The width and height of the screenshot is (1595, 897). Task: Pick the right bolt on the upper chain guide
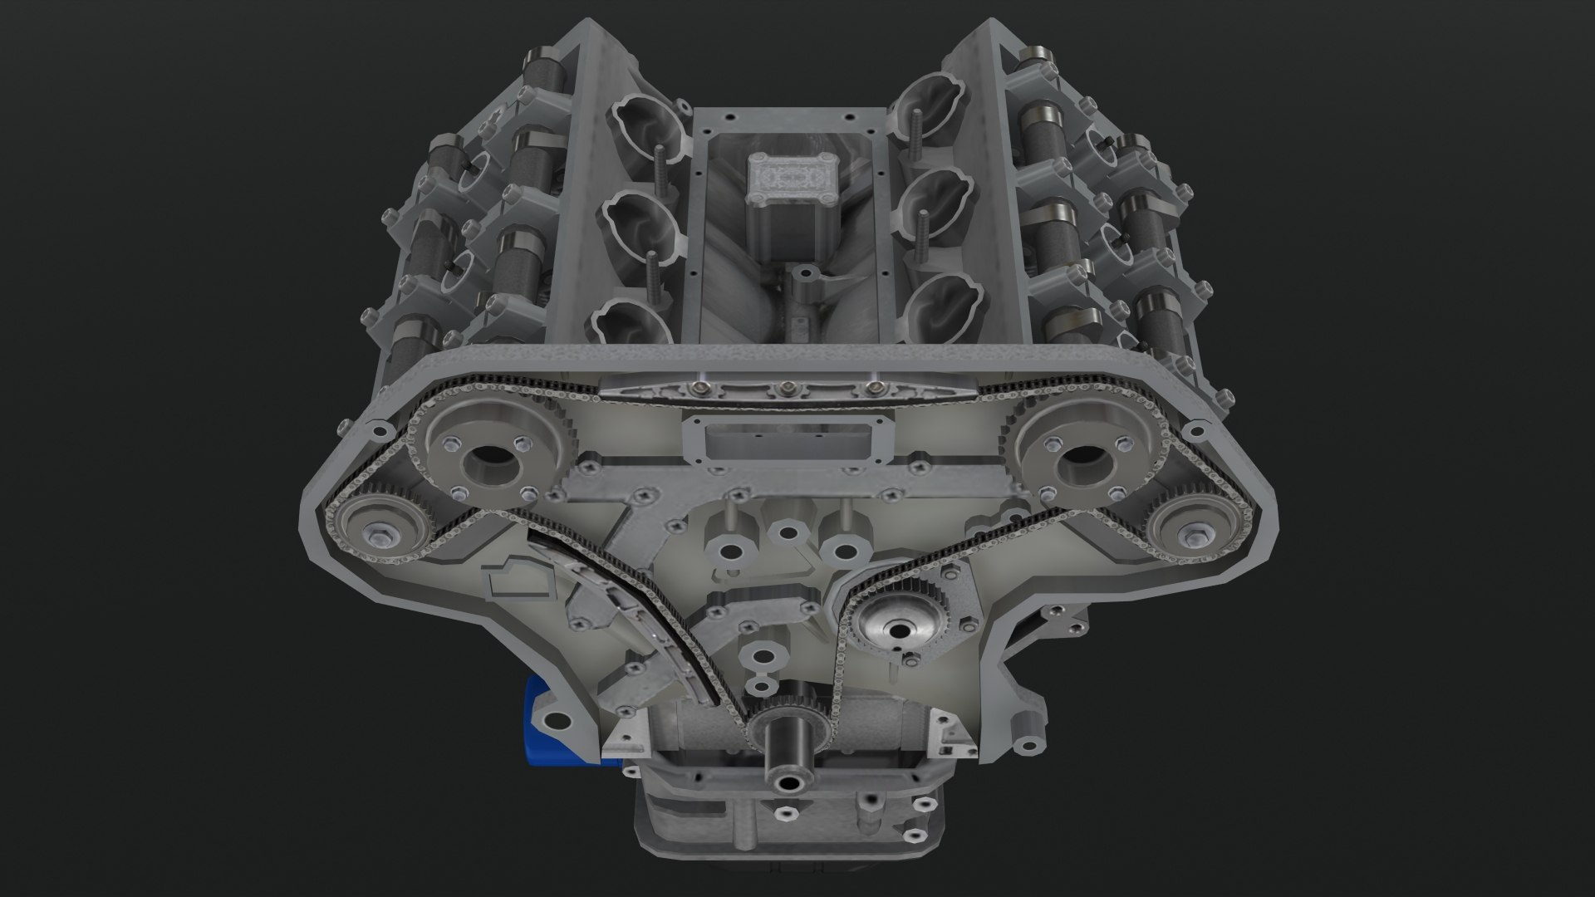(x=871, y=389)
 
